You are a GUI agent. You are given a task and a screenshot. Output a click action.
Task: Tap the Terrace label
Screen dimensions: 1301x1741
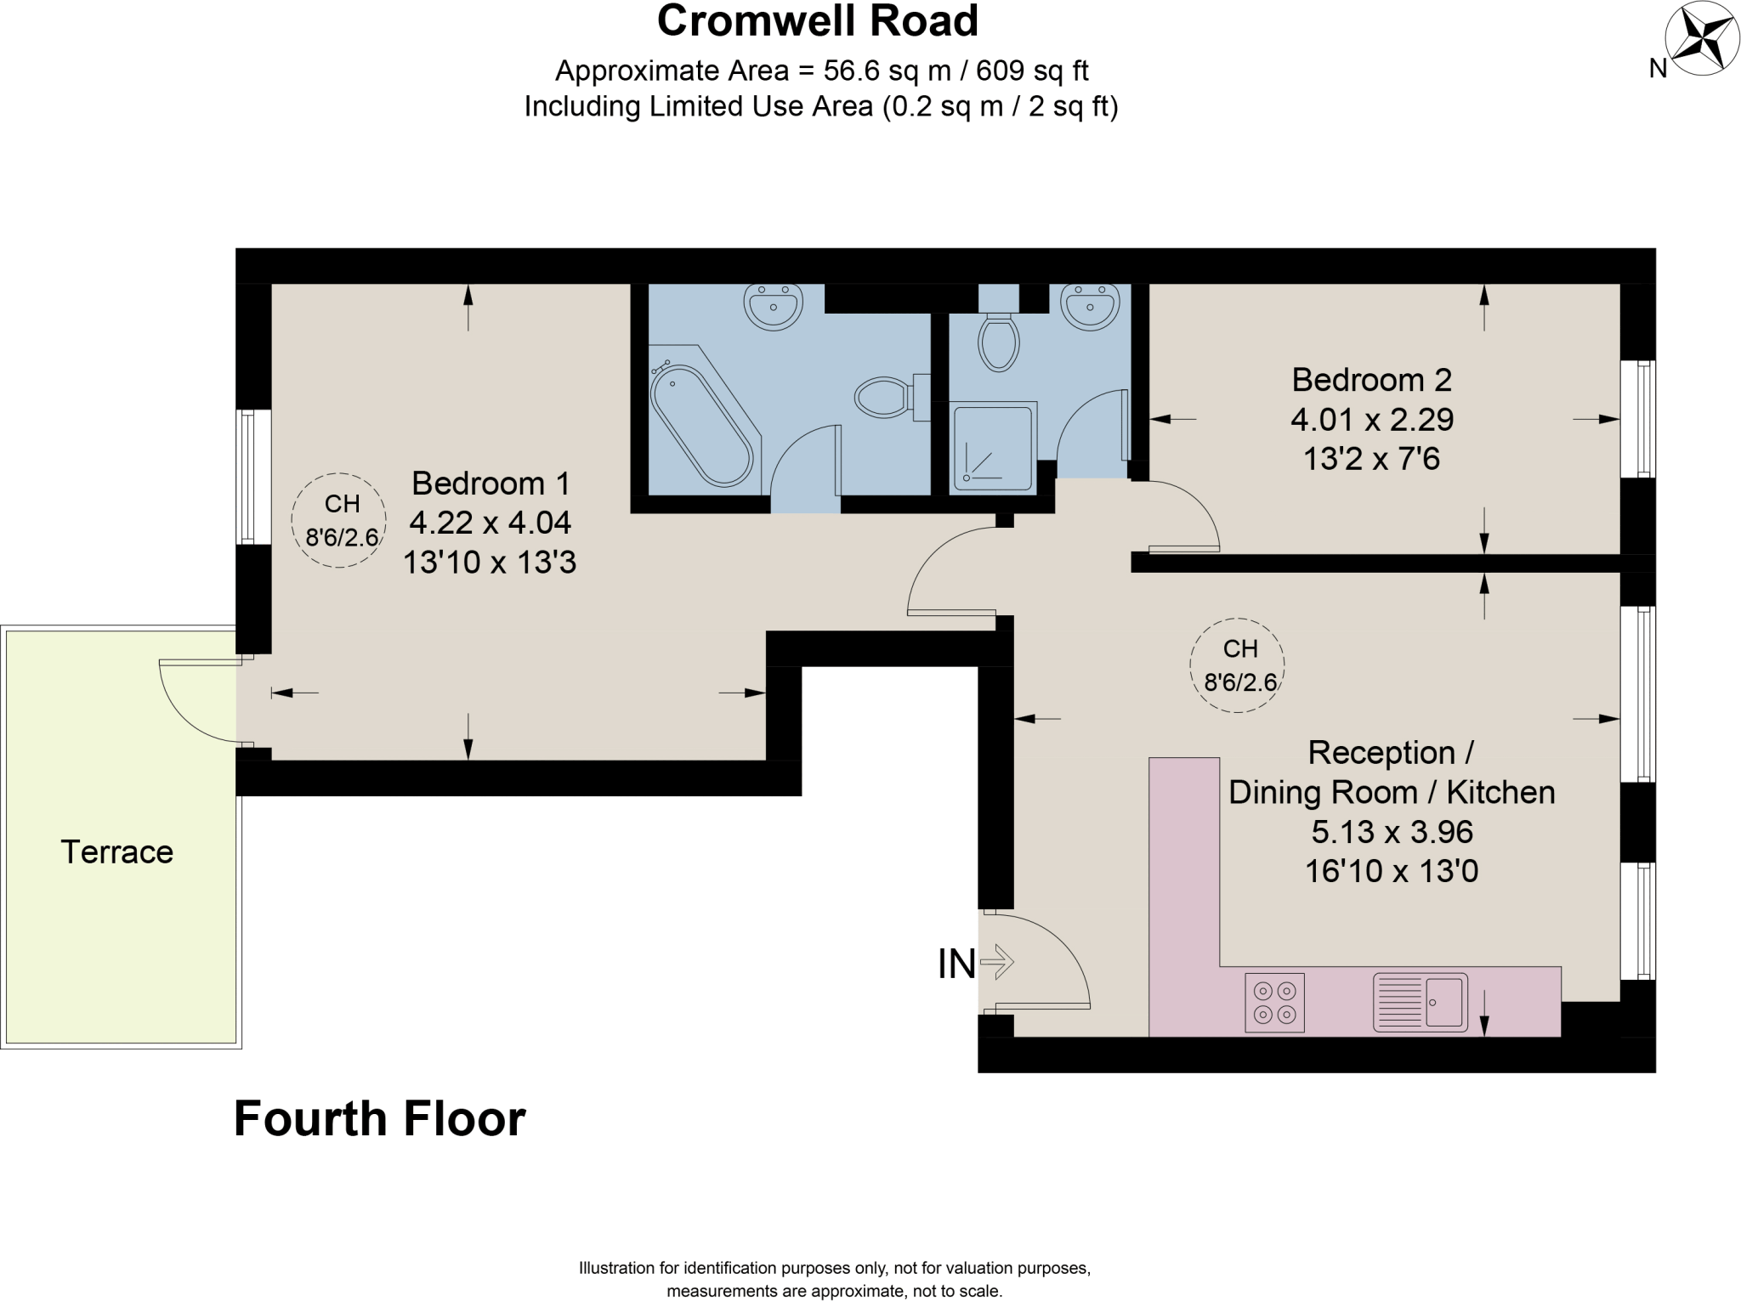116,851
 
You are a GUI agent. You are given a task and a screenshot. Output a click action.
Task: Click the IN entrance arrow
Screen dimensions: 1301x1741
997,963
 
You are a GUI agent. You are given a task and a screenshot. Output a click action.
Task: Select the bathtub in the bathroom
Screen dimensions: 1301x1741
701,425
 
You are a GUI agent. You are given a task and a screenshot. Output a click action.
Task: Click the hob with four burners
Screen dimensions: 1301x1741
1274,1003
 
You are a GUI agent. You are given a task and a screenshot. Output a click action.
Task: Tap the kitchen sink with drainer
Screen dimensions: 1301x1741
1421,1003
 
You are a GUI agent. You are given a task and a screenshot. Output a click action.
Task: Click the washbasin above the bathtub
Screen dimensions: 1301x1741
773,307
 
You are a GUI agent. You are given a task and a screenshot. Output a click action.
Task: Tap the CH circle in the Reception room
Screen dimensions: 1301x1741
1238,665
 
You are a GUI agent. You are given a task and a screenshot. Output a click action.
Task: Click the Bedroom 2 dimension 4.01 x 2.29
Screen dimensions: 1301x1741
1371,419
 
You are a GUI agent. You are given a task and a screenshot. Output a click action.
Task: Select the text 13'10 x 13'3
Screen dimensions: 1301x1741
490,562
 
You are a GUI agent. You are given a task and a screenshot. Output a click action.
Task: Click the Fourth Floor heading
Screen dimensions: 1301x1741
379,1119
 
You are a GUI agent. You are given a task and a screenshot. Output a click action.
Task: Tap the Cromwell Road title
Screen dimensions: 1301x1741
817,20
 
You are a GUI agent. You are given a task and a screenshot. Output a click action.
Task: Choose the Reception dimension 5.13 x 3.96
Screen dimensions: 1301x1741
1392,831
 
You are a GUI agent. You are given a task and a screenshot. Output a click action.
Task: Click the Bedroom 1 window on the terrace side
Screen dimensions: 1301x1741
247,477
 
